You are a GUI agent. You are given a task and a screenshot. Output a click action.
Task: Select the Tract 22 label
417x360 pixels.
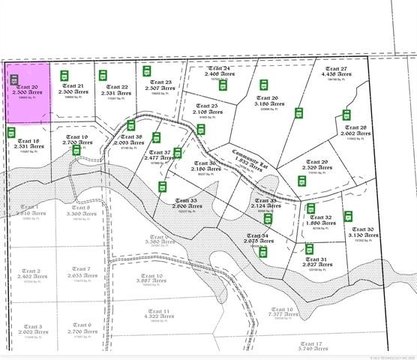pyautogui.click(x=116, y=88)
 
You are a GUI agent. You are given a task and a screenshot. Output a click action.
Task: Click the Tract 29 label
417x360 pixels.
pyautogui.click(x=318, y=164)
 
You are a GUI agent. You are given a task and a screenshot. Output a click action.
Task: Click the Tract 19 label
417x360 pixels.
pyautogui.click(x=77, y=140)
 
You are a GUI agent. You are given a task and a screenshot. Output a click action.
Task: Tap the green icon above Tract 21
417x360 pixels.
pyautogui.click(x=63, y=74)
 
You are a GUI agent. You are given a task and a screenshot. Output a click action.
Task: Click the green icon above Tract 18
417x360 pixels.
pyautogui.click(x=19, y=129)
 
